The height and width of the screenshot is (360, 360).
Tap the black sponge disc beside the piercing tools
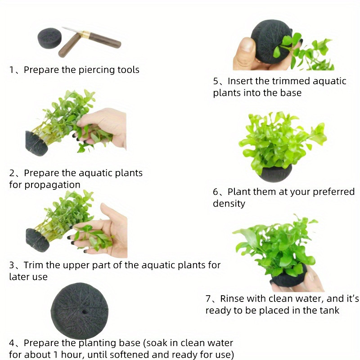click(50, 38)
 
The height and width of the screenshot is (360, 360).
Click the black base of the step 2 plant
click(36, 144)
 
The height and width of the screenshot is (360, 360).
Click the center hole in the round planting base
click(84, 312)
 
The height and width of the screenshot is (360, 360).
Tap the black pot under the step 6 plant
click(275, 173)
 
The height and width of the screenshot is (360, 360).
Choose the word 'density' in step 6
click(229, 204)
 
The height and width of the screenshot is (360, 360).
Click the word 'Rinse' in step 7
click(231, 299)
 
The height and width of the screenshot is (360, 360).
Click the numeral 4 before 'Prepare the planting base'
click(12, 343)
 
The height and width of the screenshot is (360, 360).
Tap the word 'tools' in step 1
click(128, 70)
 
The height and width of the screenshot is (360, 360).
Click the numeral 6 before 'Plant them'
click(216, 192)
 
